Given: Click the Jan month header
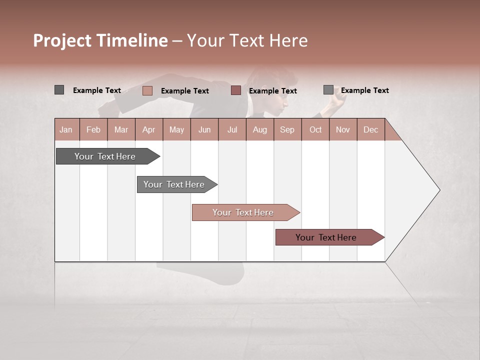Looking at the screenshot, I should tap(66, 129).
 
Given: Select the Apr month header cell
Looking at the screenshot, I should tap(149, 129).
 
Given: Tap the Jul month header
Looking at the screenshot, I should tap(232, 129).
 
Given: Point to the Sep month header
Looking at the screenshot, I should tap(287, 129).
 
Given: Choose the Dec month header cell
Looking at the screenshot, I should tap(370, 129).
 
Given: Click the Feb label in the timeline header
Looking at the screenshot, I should tap(93, 129).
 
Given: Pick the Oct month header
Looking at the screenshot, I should tap(315, 129).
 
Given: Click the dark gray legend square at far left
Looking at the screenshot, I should tap(59, 90).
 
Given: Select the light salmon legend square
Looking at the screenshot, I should tap(147, 90).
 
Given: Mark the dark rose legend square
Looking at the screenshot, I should tap(236, 90).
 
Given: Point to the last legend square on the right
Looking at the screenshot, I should tap(328, 90).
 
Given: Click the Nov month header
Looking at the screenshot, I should tap(343, 129).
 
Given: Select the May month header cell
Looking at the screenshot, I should tap(176, 129).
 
